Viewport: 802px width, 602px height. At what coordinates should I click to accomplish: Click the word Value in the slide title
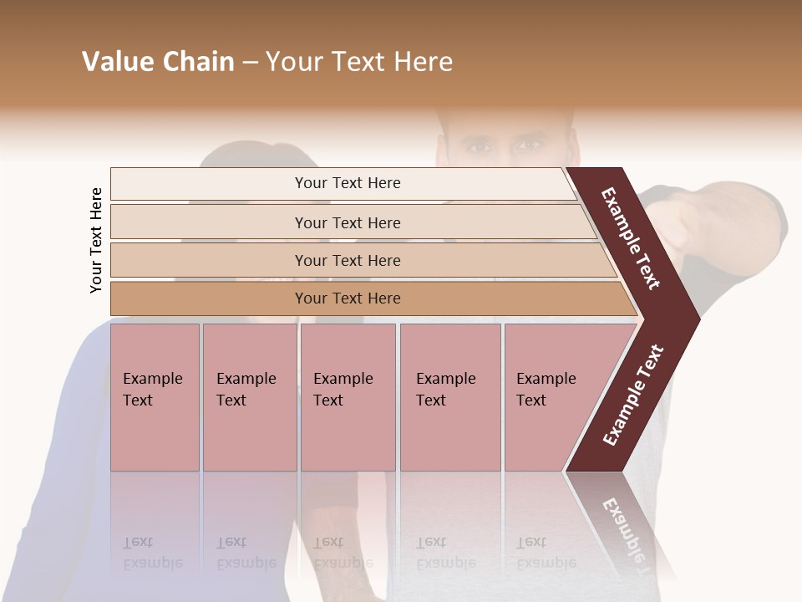click(117, 62)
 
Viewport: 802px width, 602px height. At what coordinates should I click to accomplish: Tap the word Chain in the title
click(199, 62)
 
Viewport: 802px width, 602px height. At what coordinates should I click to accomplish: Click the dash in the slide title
click(249, 63)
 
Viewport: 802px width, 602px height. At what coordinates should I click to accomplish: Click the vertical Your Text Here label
click(96, 240)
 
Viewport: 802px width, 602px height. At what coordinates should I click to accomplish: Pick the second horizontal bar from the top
click(348, 222)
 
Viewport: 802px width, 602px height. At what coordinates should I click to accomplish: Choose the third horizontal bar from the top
click(348, 260)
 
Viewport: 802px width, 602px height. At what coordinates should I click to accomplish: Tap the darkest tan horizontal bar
click(348, 298)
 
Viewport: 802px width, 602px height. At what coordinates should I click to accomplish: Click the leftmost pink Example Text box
click(155, 397)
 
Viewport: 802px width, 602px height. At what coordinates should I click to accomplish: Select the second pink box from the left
click(249, 397)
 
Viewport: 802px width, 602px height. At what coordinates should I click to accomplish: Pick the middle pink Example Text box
click(348, 397)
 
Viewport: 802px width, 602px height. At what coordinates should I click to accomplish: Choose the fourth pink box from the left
click(449, 397)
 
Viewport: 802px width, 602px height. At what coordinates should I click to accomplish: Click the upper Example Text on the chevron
click(631, 238)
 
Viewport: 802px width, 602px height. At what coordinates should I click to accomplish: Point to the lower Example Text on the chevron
click(633, 395)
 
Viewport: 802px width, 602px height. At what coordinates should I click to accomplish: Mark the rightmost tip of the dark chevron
click(698, 319)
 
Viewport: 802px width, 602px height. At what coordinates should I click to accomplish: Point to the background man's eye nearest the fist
click(528, 146)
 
